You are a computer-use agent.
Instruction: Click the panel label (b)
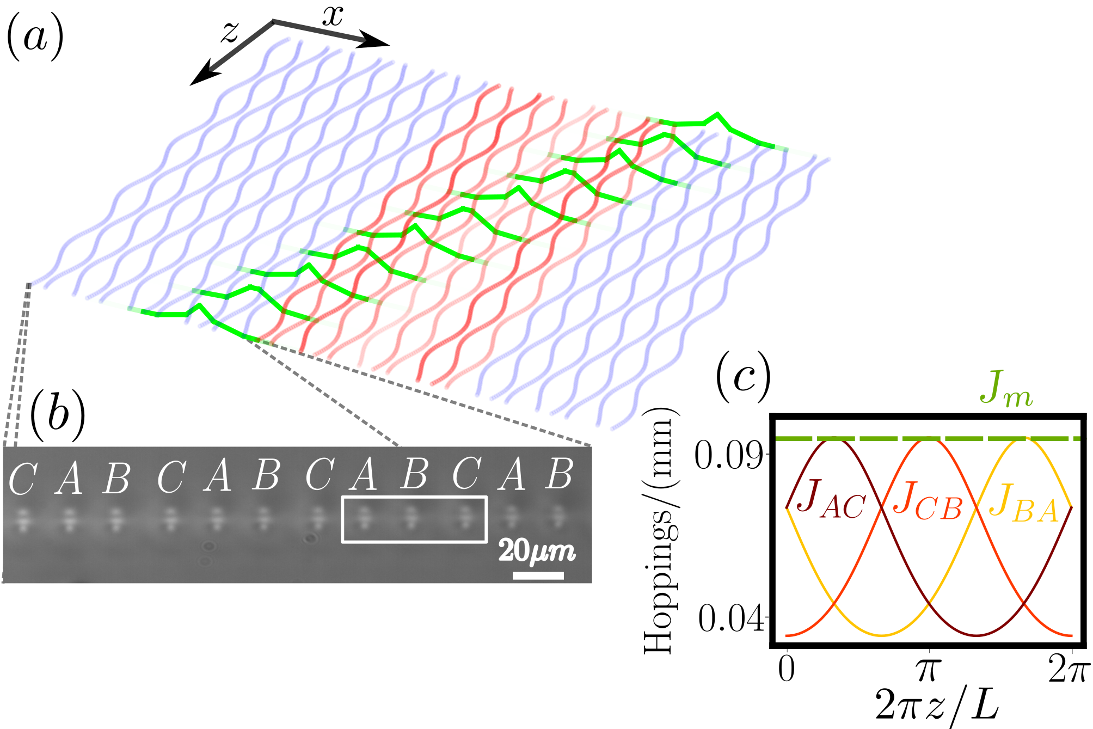pos(58,415)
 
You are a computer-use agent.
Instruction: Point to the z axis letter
pos(230,32)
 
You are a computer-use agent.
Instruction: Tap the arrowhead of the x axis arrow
pos(376,41)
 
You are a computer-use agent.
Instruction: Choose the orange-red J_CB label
pos(928,501)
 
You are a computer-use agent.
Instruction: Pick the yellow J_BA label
pos(1023,502)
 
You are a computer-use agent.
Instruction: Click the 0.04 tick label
pos(730,618)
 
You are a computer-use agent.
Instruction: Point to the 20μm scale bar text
pos(537,551)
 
